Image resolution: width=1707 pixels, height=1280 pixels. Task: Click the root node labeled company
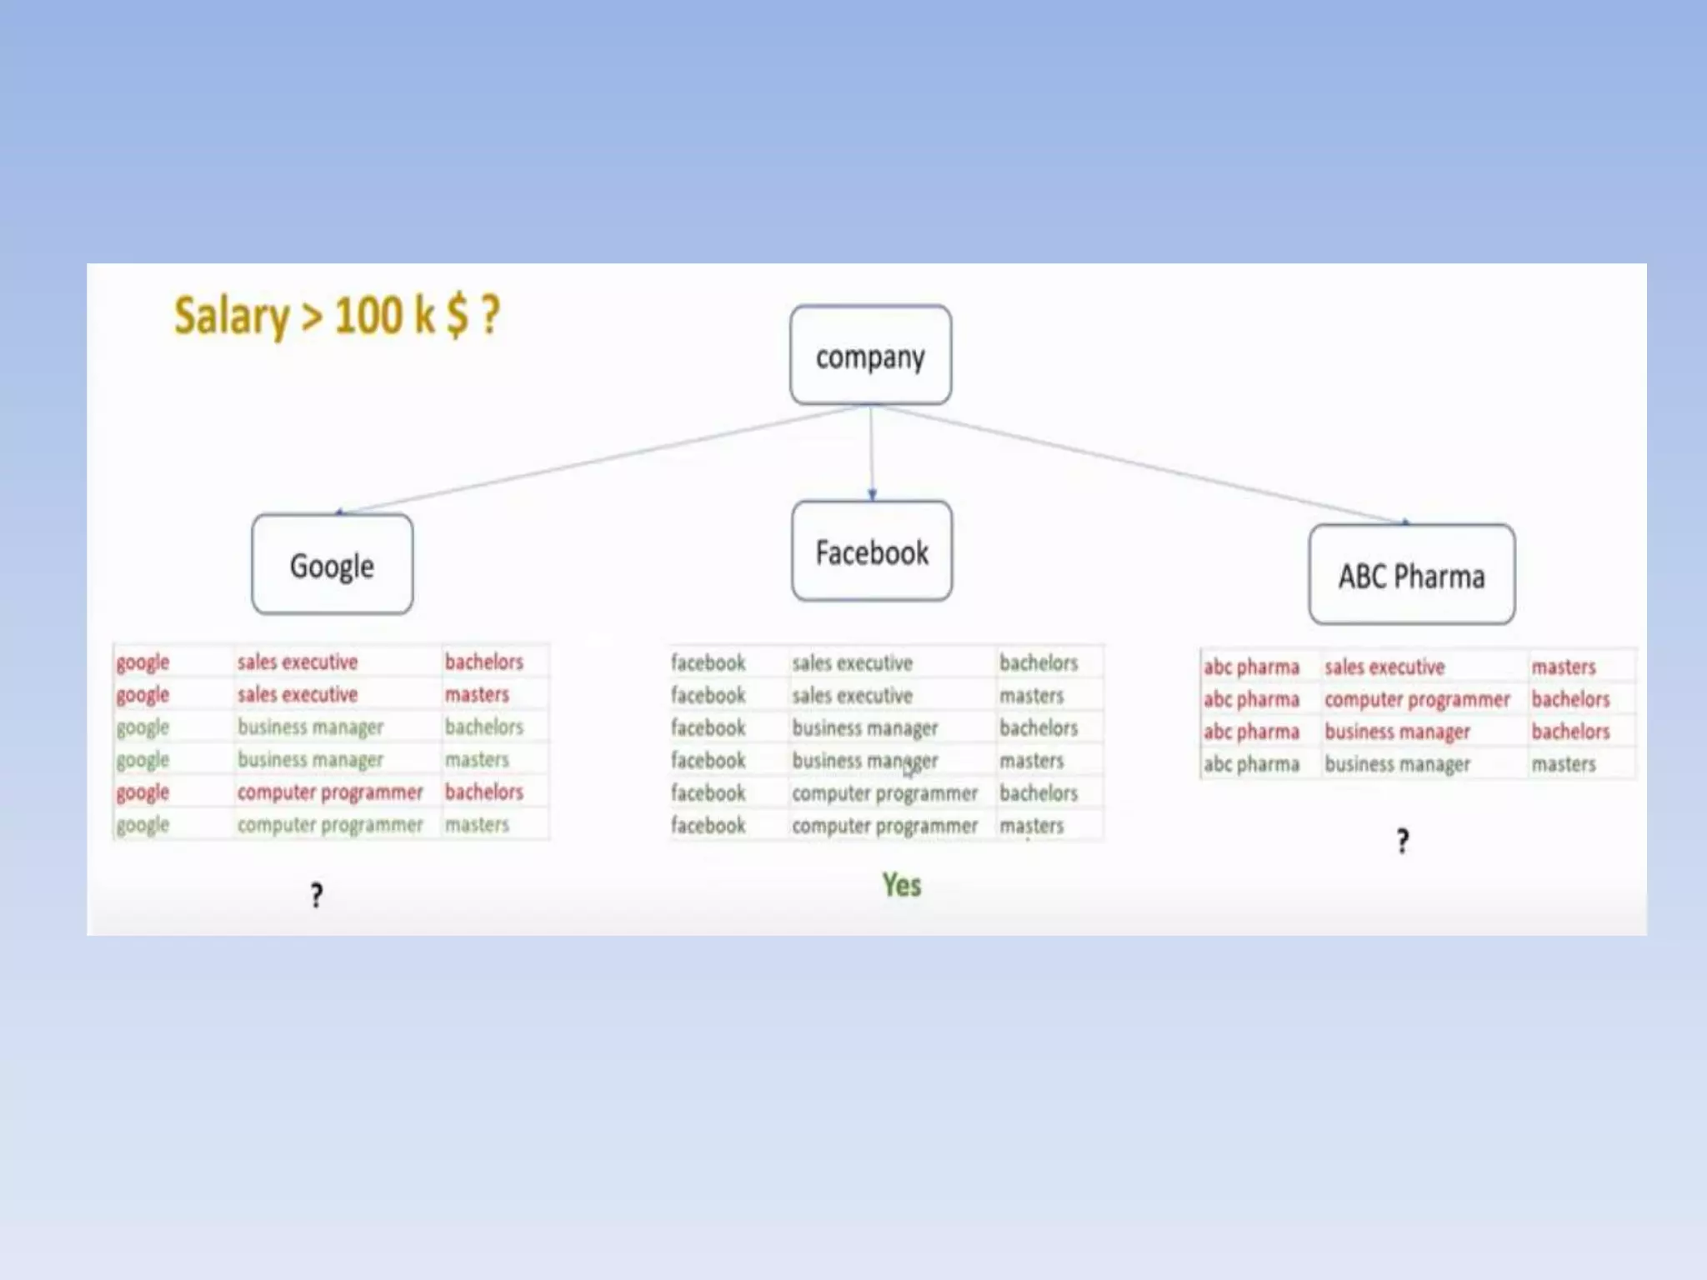tap(870, 356)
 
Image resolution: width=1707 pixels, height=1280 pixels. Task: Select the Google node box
tap(332, 565)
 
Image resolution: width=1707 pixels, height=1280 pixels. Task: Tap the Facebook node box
tap(872, 552)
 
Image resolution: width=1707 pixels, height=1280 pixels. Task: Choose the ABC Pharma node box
tap(1412, 575)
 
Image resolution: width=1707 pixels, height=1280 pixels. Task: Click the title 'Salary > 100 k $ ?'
tap(337, 316)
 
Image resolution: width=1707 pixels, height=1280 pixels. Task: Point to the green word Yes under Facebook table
tap(902, 885)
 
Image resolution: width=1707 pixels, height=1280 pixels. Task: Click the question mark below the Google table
tap(317, 895)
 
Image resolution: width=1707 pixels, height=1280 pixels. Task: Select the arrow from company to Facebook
tap(872, 454)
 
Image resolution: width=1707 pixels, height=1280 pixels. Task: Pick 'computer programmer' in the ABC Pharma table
tap(1417, 699)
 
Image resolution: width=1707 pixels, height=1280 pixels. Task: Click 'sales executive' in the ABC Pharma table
tap(1384, 667)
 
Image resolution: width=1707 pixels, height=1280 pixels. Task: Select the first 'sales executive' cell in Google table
tap(298, 662)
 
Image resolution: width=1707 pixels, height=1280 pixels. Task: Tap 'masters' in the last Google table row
tap(477, 824)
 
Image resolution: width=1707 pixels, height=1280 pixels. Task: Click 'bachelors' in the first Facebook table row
tap(1039, 662)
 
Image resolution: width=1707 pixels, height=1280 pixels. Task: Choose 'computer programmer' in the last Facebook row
tap(884, 826)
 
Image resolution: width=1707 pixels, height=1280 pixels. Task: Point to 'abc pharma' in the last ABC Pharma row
tap(1251, 764)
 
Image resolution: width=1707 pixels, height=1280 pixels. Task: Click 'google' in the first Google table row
tap(143, 662)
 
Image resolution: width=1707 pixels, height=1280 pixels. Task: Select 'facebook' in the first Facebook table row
tap(708, 662)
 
